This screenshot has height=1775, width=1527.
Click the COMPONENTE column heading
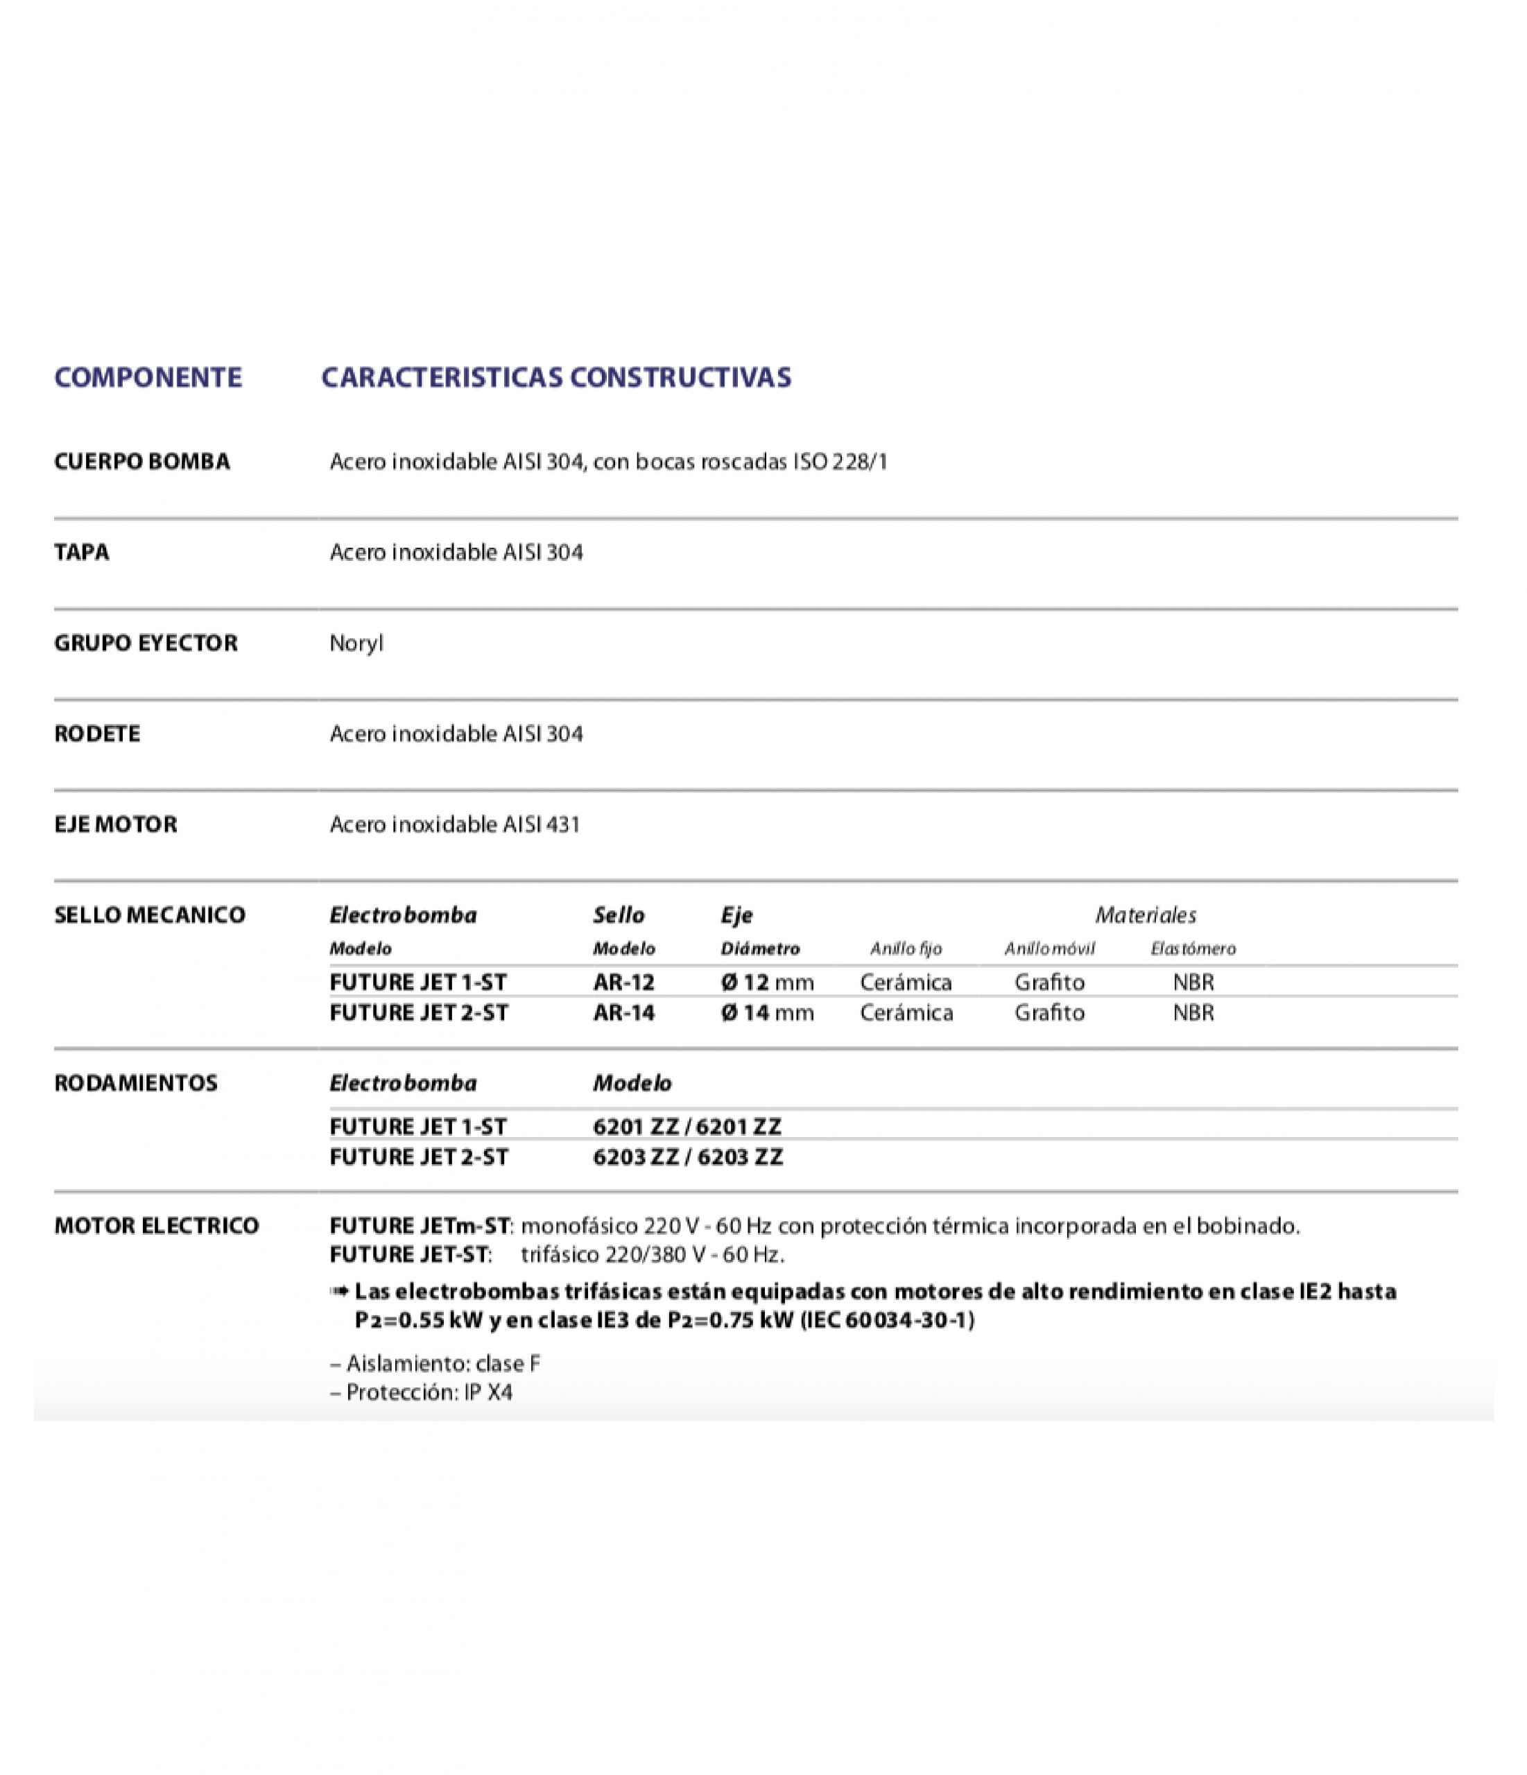tap(148, 377)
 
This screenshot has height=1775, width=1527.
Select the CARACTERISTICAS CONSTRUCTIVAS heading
tap(556, 377)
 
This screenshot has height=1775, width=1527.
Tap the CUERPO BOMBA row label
tap(142, 462)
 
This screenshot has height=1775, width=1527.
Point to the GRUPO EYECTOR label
tap(146, 643)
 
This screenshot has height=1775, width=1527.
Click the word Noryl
tap(356, 643)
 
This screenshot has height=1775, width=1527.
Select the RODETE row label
tap(97, 734)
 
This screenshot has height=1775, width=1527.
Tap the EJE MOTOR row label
tap(116, 824)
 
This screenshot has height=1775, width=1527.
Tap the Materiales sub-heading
tap(1145, 915)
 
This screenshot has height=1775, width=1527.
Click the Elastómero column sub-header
tap(1193, 949)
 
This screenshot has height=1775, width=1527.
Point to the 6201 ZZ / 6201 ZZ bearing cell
tap(687, 1127)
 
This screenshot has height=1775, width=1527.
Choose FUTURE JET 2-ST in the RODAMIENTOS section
tap(419, 1157)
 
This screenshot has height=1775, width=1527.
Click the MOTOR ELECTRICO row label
tap(156, 1226)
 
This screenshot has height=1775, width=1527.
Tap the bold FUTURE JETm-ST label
tap(420, 1226)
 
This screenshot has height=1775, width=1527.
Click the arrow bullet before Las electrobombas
tap(338, 1291)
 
